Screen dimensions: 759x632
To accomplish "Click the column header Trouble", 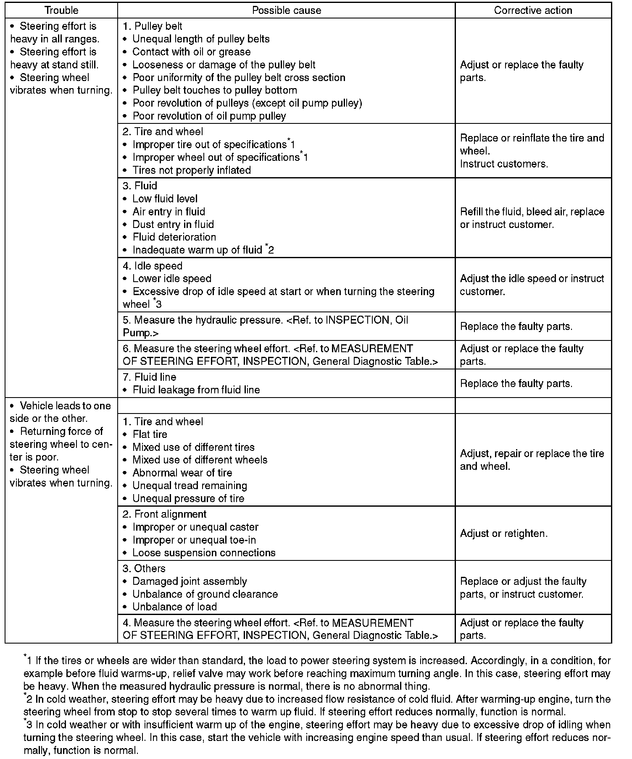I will pos(61,10).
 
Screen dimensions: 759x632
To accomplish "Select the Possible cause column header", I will pos(287,10).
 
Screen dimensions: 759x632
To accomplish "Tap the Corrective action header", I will pos(533,10).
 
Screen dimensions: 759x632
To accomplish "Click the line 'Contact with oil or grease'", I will pos(191,52).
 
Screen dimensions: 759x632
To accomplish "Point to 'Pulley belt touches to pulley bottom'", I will pos(215,90).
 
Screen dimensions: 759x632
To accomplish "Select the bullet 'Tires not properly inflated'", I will pos(192,170).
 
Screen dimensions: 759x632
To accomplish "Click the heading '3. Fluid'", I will pos(140,186).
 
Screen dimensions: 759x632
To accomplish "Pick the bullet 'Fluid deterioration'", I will pos(174,237).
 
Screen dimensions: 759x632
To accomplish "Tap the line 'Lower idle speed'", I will pos(172,279).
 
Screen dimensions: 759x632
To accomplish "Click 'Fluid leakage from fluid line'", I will pos(196,390).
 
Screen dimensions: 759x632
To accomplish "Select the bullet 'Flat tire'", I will pos(150,434).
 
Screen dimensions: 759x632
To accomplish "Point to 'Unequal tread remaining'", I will pos(190,486).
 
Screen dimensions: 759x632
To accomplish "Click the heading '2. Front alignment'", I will pos(165,514).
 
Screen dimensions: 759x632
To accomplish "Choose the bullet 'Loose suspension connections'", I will pos(204,553).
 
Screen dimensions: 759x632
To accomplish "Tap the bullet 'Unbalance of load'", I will pos(175,607).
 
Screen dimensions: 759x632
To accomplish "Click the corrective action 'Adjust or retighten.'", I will pos(504,534).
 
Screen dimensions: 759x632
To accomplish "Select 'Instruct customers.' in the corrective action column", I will pos(504,164).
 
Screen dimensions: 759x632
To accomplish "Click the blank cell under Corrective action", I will pos(533,406).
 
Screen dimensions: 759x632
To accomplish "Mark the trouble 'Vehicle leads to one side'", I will pos(60,412).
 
